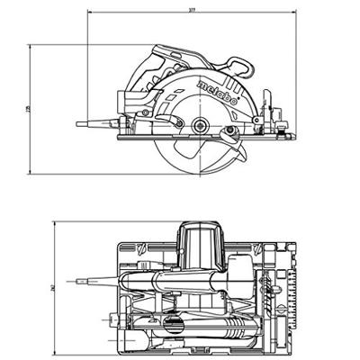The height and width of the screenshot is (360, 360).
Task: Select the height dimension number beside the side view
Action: coord(28,109)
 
